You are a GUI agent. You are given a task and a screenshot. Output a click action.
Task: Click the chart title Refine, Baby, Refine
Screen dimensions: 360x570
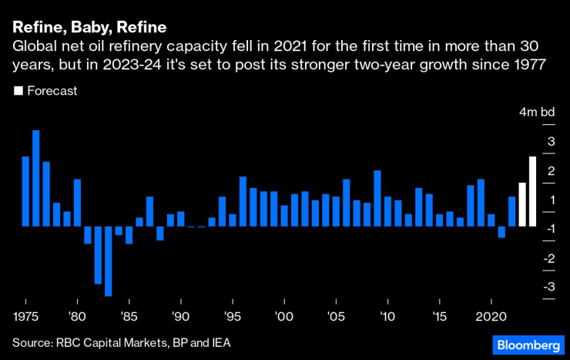89,29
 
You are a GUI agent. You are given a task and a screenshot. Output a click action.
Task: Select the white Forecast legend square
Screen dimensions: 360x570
18,91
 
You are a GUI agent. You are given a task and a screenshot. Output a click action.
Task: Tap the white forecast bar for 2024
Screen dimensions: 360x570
532,191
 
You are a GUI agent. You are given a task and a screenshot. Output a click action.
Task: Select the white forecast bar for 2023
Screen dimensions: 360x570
521,204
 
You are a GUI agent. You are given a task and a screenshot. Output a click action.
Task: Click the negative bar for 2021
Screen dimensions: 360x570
501,231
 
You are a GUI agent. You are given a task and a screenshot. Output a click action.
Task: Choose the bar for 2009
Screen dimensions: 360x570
377,198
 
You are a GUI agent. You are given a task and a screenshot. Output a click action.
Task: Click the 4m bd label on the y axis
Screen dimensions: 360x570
537,113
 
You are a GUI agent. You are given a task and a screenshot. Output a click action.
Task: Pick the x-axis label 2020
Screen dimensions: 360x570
491,317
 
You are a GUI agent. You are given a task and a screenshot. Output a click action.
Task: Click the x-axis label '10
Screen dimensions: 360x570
387,317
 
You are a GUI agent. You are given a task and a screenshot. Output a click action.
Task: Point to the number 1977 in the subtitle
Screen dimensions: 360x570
531,65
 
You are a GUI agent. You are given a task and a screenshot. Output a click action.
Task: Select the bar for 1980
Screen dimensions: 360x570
77,203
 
